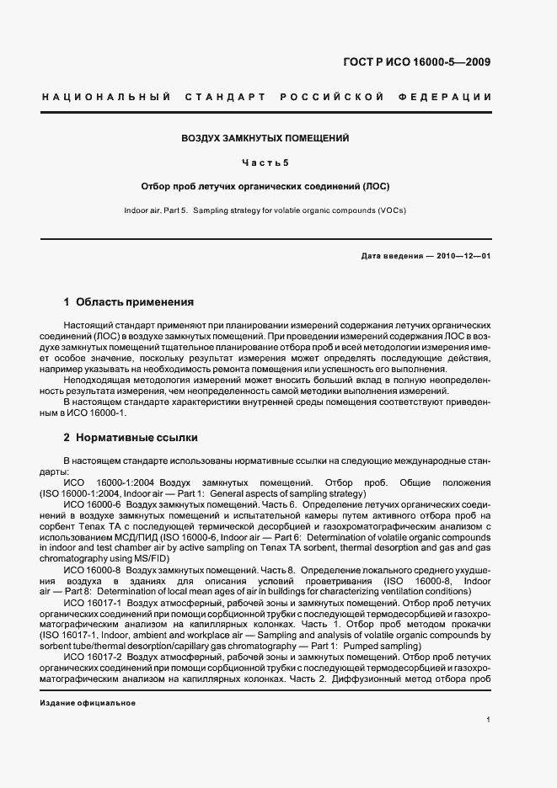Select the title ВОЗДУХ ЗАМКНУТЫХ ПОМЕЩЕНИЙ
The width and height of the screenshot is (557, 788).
[266, 138]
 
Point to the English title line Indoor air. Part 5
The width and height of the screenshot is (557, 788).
[158, 210]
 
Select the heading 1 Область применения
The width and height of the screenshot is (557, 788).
[129, 301]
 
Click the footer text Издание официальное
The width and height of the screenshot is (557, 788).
[88, 702]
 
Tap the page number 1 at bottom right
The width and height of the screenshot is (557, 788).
[489, 720]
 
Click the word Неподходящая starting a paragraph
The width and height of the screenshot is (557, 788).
[95, 380]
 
